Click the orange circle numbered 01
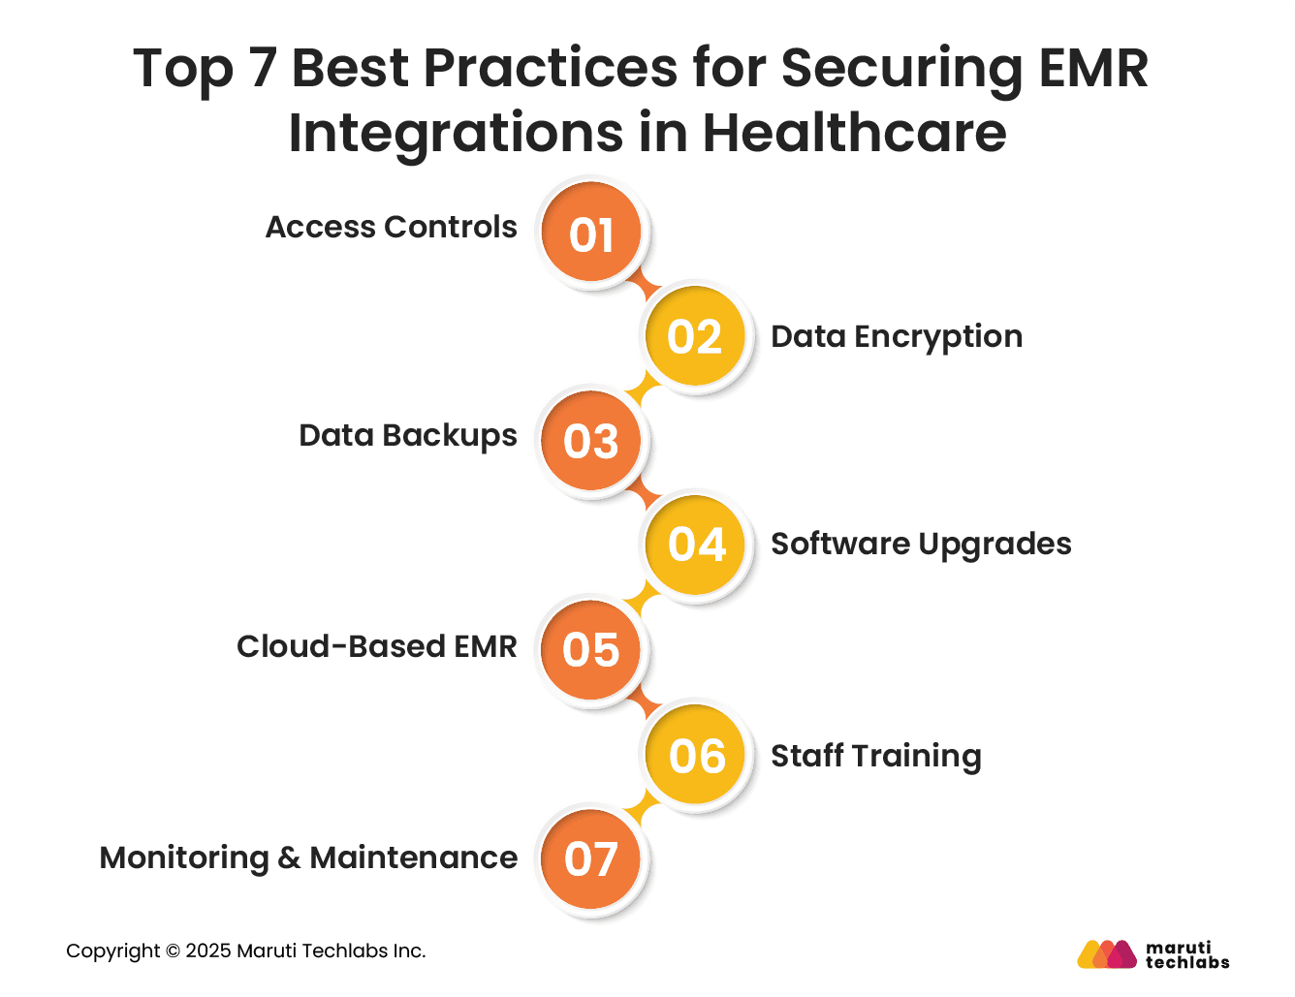tap(591, 233)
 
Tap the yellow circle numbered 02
tap(695, 336)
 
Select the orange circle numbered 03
tap(591, 441)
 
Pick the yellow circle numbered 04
tap(696, 544)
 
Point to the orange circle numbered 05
tap(591, 649)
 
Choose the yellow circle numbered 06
tap(696, 755)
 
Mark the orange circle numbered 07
tap(591, 858)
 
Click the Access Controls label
tap(391, 227)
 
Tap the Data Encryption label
tap(897, 336)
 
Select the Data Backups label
tap(407, 436)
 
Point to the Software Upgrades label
tap(921, 545)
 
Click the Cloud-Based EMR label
tap(376, 646)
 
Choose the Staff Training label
tap(875, 756)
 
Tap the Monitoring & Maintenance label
tap(308, 857)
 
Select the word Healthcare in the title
tap(854, 133)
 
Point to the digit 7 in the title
tap(264, 68)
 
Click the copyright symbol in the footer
tap(173, 951)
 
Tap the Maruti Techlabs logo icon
tap(1107, 954)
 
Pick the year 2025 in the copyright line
tap(207, 951)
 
